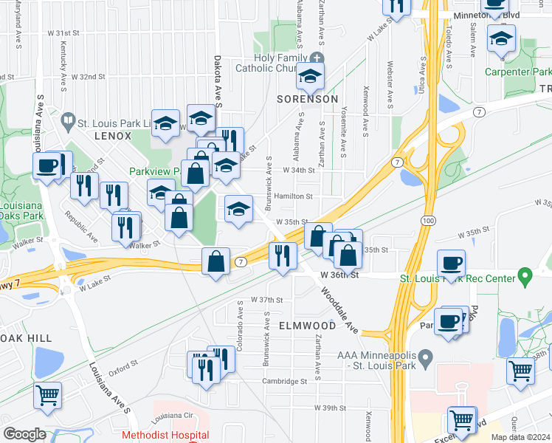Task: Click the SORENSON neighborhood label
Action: tap(308, 99)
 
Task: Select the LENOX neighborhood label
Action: tap(113, 137)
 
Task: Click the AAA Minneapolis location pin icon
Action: tap(425, 360)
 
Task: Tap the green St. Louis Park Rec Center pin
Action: tap(525, 278)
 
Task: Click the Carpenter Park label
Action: tap(517, 72)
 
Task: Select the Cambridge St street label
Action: tap(284, 382)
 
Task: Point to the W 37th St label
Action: tap(267, 300)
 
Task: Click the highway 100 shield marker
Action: tap(427, 221)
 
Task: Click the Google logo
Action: tap(24, 434)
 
